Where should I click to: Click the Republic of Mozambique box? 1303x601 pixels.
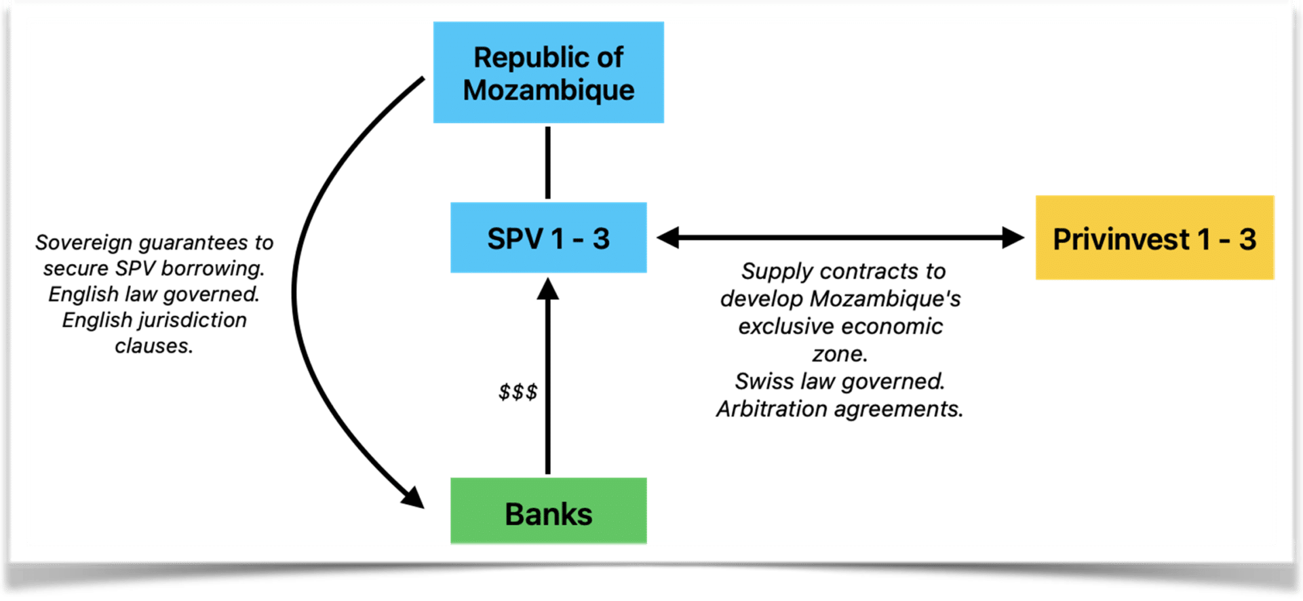click(548, 73)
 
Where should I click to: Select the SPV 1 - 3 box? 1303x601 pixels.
click(548, 238)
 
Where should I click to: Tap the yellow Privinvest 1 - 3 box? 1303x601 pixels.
click(1153, 238)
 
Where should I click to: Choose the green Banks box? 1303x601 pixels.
click(548, 511)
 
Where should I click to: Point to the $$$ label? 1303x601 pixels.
click(518, 391)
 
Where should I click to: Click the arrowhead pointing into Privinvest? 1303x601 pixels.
click(1013, 237)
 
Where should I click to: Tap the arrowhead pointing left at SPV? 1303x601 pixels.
click(667, 237)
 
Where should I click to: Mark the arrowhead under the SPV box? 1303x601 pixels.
click(548, 289)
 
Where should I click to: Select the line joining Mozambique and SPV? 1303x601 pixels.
click(548, 163)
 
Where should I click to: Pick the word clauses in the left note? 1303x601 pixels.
click(154, 346)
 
